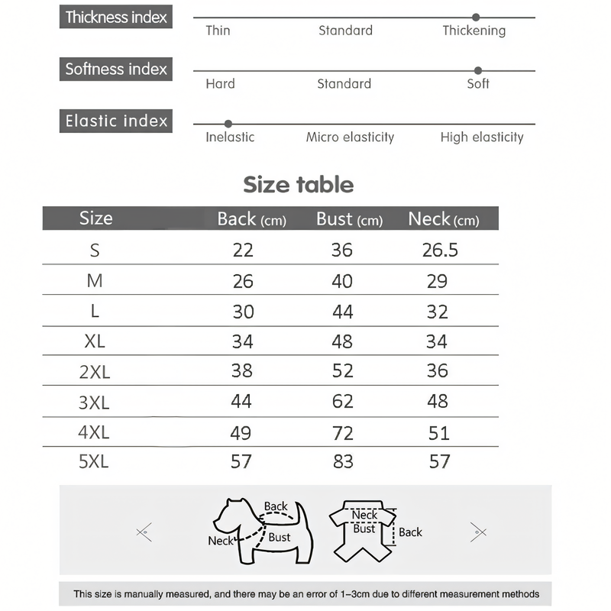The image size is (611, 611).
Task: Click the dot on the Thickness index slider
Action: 476,17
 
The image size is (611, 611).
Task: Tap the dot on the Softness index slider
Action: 478,70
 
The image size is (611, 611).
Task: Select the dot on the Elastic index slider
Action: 228,124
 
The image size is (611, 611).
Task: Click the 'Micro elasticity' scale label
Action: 350,137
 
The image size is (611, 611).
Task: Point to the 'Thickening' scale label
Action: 474,31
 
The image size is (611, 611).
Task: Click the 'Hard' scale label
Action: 220,84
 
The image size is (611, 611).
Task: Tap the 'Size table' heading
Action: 299,185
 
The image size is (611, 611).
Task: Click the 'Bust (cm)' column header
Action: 349,219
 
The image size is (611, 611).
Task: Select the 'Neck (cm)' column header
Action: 443,219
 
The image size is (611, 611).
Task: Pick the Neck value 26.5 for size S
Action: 440,250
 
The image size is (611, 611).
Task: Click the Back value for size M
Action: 243,281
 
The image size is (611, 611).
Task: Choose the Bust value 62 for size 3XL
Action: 342,402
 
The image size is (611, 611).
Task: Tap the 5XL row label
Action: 94,461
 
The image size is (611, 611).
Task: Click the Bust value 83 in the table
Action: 342,461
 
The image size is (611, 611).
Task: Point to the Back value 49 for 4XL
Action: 241,433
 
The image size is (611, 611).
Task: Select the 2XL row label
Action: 95,371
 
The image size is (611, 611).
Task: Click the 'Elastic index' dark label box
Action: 116,121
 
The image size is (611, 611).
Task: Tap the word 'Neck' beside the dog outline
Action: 220,541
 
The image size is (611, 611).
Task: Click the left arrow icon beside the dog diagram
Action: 143,532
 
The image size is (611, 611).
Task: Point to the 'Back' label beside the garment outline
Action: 410,532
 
